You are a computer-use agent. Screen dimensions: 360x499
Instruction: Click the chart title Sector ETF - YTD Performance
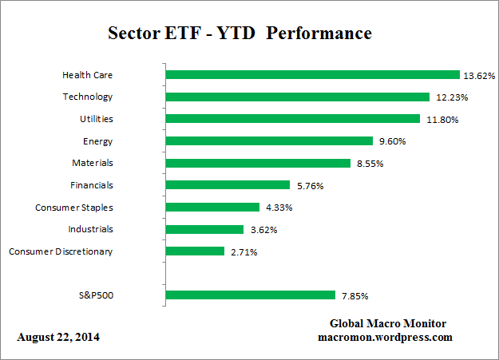(240, 34)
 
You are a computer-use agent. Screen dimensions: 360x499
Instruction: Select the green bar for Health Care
(312, 75)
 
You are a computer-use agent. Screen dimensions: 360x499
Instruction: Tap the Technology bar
(297, 97)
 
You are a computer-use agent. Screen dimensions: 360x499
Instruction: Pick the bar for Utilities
(292, 119)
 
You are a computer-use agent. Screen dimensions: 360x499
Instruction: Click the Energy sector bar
(269, 141)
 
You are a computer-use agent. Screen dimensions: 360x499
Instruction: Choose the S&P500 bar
(250, 295)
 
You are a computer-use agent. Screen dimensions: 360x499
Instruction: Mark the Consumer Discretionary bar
(195, 251)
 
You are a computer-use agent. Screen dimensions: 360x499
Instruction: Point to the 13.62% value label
(479, 76)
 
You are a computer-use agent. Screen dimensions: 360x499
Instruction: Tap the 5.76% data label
(308, 186)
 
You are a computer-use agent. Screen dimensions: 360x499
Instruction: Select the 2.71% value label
(244, 252)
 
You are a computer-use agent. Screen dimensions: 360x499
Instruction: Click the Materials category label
(92, 163)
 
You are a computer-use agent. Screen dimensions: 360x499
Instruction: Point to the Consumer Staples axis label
(74, 208)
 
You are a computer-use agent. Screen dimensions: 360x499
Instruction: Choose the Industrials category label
(90, 229)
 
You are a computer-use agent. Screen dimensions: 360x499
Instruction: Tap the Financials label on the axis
(90, 185)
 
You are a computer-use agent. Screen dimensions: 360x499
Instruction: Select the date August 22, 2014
(59, 338)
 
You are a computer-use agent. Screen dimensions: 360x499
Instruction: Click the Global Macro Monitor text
(388, 323)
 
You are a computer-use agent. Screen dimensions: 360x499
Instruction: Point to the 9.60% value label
(392, 142)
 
